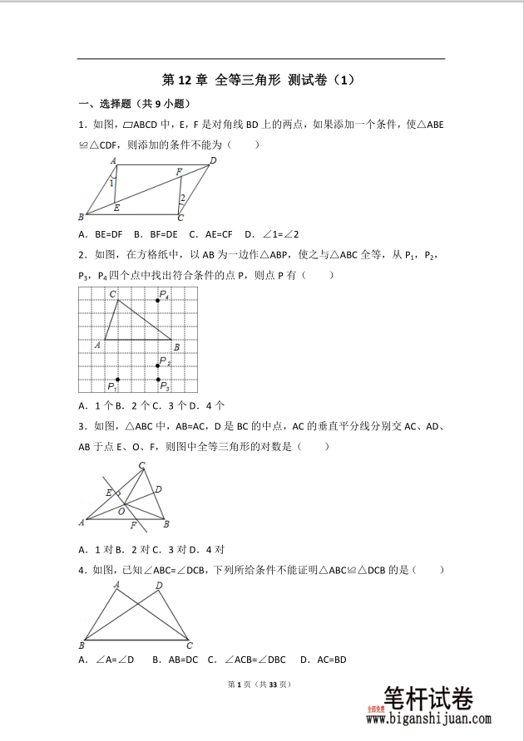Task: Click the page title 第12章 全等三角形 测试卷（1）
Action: [260, 81]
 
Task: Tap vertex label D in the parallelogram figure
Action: [213, 160]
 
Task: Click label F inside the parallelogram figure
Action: [179, 172]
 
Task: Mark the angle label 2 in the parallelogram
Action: [183, 198]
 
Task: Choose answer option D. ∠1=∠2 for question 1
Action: [268, 234]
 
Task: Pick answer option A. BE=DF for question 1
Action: [101, 234]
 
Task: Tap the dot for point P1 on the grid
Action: [117, 380]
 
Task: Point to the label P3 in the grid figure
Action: [165, 386]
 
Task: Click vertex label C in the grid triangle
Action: [112, 293]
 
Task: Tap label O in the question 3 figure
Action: [121, 512]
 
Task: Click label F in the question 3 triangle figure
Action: [133, 527]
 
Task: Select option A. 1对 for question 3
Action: [96, 549]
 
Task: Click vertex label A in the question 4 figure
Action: [116, 585]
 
